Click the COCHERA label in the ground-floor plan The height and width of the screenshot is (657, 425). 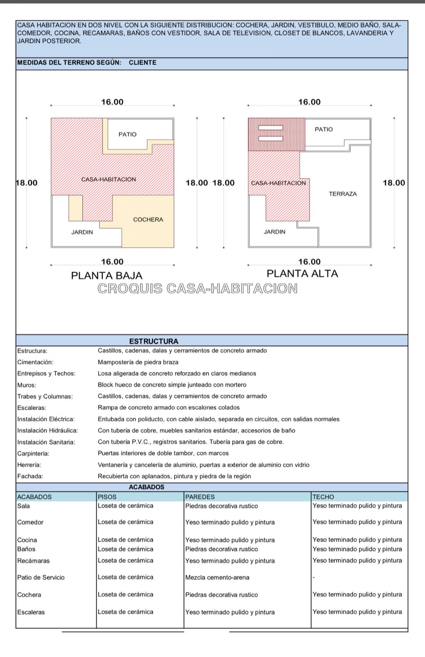tap(148, 220)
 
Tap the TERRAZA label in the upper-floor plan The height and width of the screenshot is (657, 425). tap(343, 194)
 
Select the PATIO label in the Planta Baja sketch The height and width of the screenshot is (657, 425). tap(127, 134)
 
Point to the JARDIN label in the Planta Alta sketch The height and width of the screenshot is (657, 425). tap(274, 232)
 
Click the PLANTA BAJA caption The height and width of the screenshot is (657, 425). tap(107, 276)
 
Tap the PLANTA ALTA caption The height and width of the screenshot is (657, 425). tap(302, 273)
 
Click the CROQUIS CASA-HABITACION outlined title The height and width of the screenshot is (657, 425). tap(198, 289)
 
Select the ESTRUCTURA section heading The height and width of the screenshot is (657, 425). tap(154, 341)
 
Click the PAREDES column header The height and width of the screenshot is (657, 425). tap(200, 497)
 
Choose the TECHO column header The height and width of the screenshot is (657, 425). tap(323, 497)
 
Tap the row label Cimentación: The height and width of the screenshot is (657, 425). tap(35, 362)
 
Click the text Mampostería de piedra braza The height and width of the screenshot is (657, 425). tap(138, 362)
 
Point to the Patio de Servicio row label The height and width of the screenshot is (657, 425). tap(41, 577)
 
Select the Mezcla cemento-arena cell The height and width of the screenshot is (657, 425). tap(217, 577)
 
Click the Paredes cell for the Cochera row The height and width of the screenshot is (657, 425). tap(222, 595)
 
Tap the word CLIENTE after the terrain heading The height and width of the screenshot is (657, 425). tap(142, 63)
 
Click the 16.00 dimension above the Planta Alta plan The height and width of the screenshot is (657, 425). tap(309, 102)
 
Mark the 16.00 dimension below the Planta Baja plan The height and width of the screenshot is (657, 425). tap(112, 262)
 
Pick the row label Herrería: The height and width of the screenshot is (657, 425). tap(29, 465)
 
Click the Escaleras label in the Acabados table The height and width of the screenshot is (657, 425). tap(31, 612)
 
